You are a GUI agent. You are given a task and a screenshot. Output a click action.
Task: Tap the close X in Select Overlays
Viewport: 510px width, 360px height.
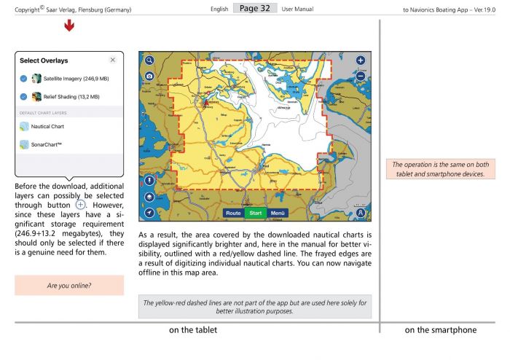(x=112, y=60)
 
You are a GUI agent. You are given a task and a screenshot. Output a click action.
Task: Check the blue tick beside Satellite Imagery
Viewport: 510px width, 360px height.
(x=24, y=78)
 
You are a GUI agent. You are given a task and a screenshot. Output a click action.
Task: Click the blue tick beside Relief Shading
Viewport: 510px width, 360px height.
(x=24, y=96)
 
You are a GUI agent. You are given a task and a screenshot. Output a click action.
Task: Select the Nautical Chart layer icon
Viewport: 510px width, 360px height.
(x=24, y=126)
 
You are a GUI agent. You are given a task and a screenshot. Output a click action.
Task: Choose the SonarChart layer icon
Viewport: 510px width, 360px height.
(x=24, y=144)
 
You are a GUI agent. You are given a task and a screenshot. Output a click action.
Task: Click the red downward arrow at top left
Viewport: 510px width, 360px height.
(x=68, y=27)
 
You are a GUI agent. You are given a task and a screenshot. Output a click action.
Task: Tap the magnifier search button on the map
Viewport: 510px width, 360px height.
(x=149, y=61)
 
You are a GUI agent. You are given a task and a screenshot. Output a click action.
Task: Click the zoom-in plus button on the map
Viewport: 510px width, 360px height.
(x=361, y=60)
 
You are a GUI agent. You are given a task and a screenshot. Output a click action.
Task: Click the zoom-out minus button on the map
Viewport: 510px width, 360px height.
(x=361, y=75)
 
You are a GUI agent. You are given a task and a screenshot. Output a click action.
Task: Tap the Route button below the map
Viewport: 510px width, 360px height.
(x=234, y=213)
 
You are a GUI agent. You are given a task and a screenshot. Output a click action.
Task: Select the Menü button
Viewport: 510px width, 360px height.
(x=277, y=213)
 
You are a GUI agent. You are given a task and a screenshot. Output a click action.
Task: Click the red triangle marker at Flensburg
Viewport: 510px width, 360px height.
(x=206, y=103)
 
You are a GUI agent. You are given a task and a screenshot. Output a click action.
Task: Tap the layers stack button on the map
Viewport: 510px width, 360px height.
(x=149, y=196)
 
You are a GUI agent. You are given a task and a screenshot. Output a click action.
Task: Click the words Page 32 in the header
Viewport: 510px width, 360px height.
(x=254, y=7)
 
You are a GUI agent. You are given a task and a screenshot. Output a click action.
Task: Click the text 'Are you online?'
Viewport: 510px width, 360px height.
(x=68, y=286)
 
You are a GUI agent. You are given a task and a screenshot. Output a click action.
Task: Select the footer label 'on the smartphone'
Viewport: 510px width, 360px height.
(x=441, y=330)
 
